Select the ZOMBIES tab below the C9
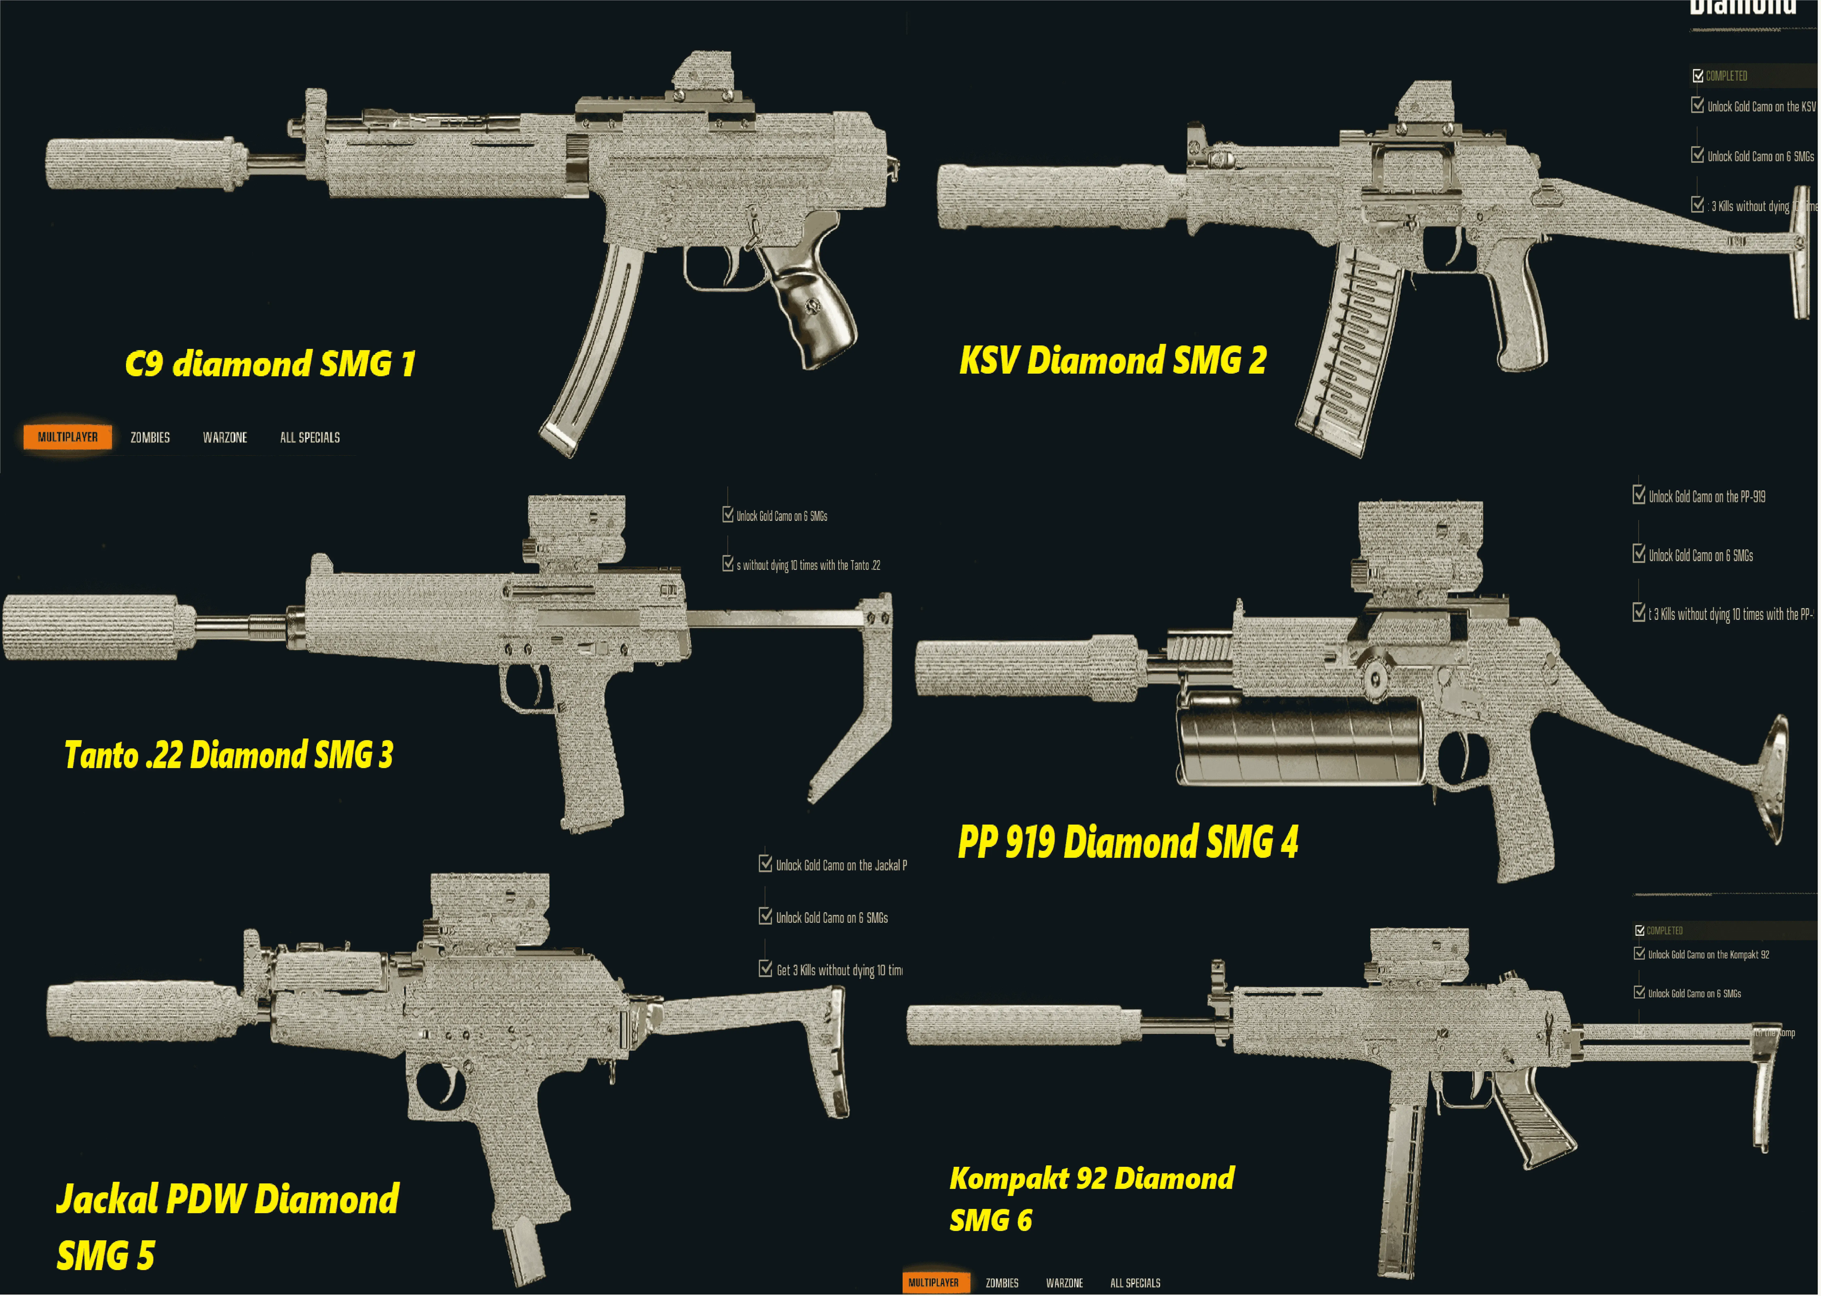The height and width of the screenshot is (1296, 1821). [150, 437]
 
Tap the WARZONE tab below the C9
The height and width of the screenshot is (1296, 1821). [225, 437]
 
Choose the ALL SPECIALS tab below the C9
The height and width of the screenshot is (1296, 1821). [310, 437]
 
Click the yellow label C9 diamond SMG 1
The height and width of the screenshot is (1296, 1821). [270, 364]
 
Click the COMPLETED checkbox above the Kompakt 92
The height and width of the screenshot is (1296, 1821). [1640, 930]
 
